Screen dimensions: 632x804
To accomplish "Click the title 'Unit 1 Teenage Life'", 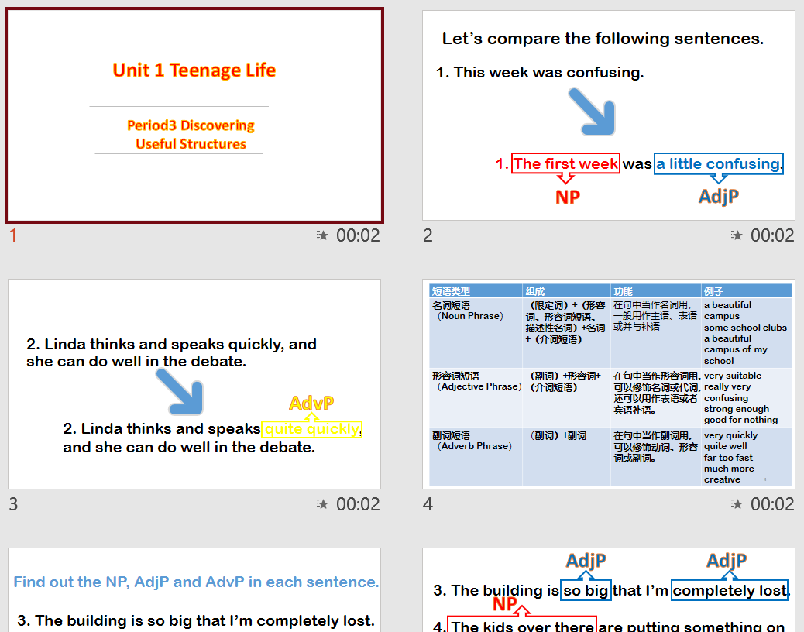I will (194, 70).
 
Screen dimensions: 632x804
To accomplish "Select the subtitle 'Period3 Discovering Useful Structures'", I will (191, 135).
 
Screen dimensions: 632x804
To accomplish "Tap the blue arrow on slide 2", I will (593, 112).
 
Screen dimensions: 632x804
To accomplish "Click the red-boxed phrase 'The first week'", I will (566, 163).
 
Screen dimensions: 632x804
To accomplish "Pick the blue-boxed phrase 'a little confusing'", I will (718, 163).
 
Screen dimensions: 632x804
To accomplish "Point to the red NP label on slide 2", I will (568, 197).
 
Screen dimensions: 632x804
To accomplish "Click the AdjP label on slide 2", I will (718, 197).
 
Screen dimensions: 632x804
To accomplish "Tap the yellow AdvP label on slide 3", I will (311, 403).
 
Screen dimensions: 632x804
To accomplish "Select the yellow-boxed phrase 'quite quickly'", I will (311, 429).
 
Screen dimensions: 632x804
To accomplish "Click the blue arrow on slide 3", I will (180, 391).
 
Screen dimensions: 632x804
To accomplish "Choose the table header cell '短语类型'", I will (452, 291).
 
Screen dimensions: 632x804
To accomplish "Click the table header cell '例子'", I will (714, 291).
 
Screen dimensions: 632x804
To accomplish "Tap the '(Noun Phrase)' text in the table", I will (470, 316).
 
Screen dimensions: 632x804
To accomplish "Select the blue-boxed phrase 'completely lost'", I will (729, 591).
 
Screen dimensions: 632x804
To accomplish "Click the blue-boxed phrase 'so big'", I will (586, 591).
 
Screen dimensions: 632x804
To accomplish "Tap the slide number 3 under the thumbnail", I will (13, 504).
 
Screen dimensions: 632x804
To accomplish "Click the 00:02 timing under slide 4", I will (772, 504).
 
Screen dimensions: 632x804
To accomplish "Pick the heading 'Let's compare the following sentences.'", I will (603, 39).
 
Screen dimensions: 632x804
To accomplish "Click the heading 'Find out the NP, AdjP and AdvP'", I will (196, 582).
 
